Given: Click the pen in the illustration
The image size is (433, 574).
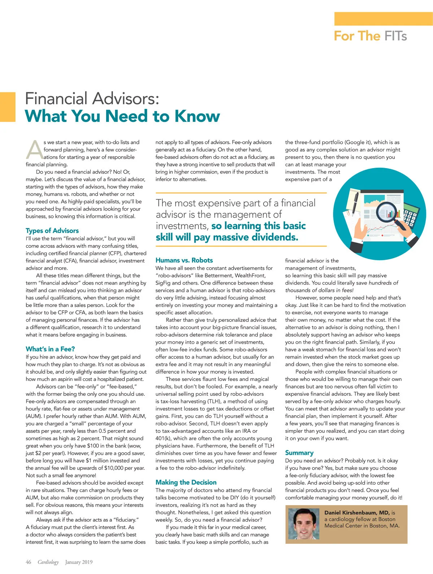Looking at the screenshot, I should (355, 202).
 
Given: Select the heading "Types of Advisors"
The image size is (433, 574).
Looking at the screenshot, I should (52, 231).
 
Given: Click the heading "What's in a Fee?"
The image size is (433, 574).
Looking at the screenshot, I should (50, 349).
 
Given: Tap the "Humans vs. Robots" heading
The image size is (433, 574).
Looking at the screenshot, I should (184, 260).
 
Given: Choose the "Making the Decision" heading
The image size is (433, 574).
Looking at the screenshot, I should (186, 482).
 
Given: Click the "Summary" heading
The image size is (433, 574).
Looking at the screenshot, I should (299, 453).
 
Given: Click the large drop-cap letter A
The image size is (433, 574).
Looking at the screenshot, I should (35, 150).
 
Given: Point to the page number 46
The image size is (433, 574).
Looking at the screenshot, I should (29, 562).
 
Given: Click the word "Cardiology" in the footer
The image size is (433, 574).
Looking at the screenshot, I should (48, 562).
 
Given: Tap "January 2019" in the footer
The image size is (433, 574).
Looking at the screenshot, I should (79, 562).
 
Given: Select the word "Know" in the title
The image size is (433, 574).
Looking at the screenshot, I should (197, 116).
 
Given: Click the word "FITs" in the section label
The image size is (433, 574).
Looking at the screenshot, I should (395, 36).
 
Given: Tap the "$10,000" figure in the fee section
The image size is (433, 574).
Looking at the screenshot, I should (114, 468).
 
